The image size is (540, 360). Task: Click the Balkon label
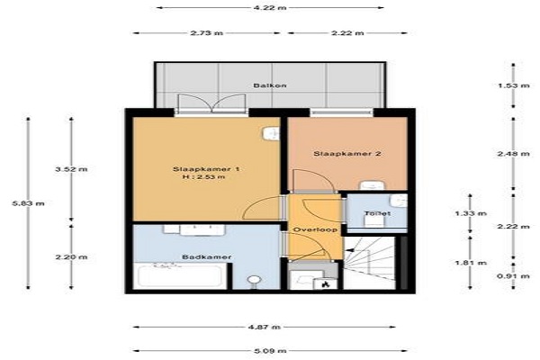click(x=270, y=85)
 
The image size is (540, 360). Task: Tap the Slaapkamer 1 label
click(x=206, y=169)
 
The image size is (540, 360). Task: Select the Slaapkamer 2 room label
click(x=347, y=153)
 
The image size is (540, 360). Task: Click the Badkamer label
click(x=207, y=256)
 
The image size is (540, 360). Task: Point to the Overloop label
click(x=315, y=229)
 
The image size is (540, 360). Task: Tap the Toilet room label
click(x=377, y=213)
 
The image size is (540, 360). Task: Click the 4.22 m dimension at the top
click(x=270, y=7)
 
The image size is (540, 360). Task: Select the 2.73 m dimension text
click(x=207, y=33)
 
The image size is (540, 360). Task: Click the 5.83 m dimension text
click(x=28, y=203)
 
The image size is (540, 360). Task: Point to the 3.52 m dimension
click(x=71, y=169)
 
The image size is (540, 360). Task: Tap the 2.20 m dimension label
click(x=71, y=257)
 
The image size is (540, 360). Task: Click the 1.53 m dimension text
click(x=514, y=85)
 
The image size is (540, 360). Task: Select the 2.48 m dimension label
click(x=514, y=154)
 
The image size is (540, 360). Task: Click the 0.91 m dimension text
click(x=514, y=276)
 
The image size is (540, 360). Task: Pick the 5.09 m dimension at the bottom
click(x=270, y=351)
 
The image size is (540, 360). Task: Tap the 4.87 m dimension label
click(x=264, y=327)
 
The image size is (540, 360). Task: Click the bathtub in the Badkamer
click(x=180, y=276)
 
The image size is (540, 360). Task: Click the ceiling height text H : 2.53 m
click(x=204, y=177)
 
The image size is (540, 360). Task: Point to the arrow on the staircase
click(x=351, y=250)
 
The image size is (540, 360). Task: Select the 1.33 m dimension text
click(x=471, y=213)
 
